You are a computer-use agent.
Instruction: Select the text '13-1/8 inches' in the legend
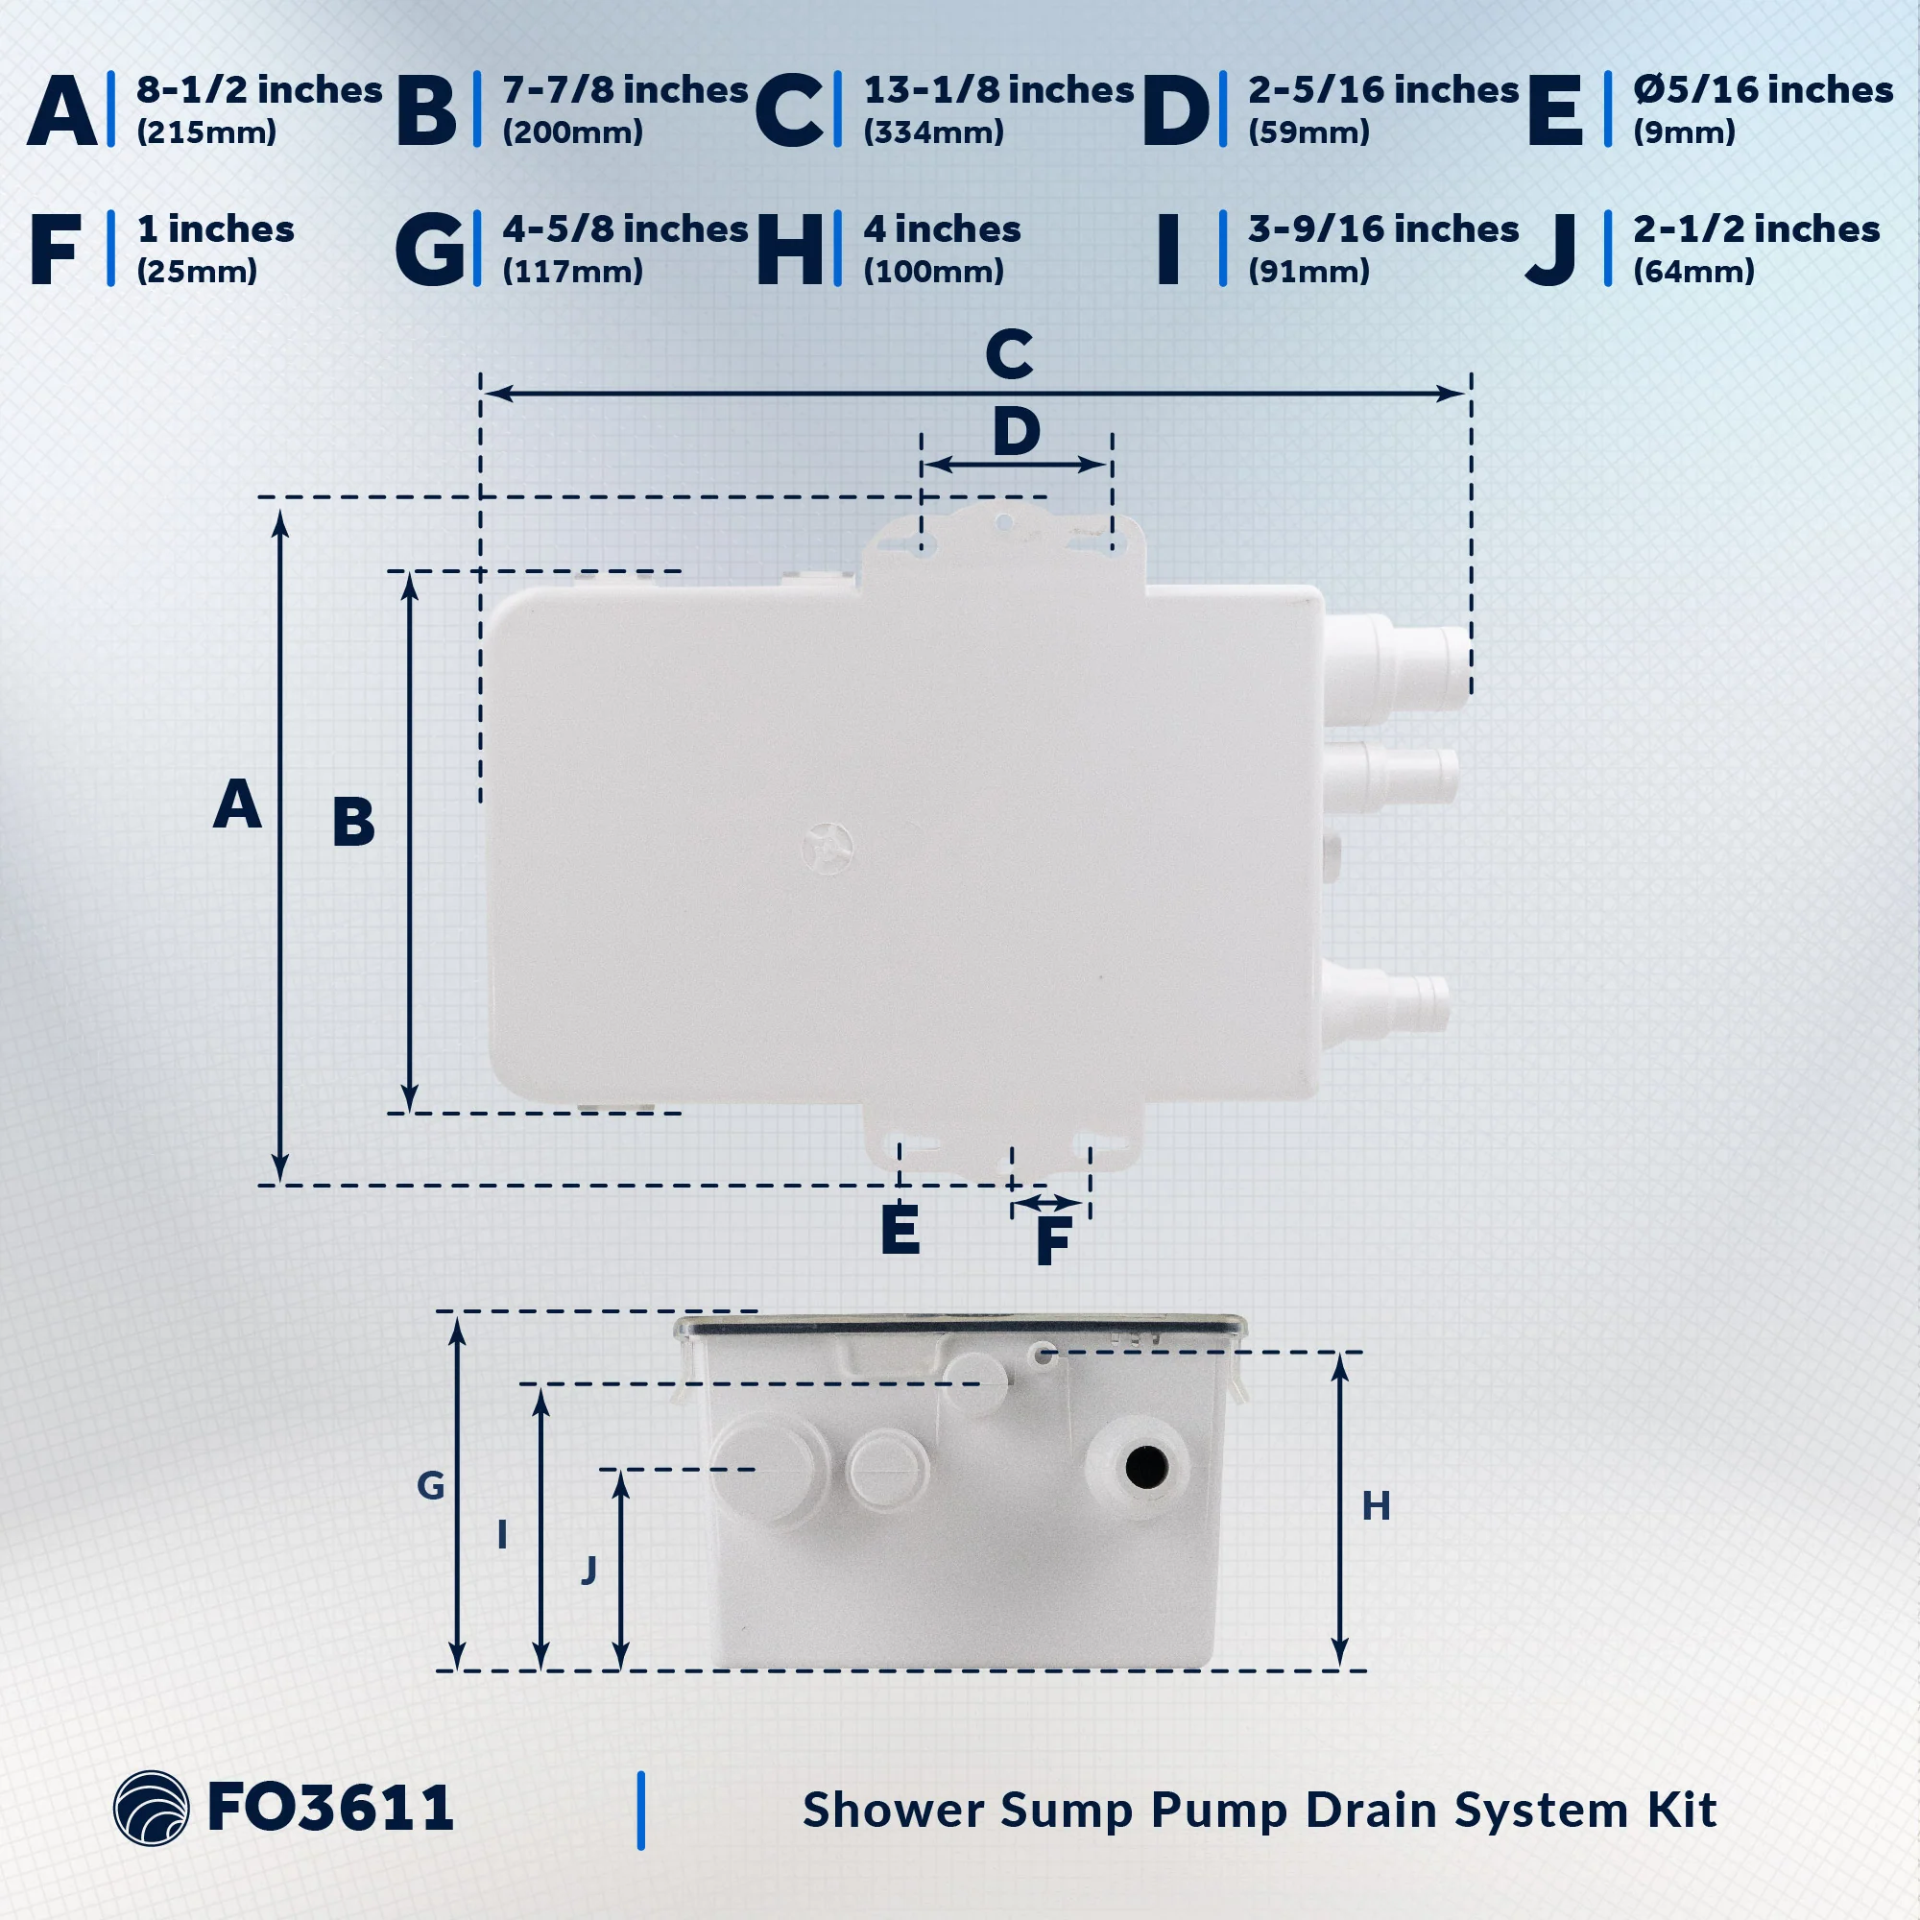[998, 90]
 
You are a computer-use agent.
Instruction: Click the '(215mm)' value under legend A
[206, 132]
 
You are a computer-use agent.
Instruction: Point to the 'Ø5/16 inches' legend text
[1763, 90]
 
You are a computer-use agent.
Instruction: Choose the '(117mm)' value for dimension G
[572, 272]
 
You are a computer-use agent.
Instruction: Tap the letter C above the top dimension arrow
[1009, 355]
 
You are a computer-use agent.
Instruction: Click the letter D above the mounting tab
[1017, 432]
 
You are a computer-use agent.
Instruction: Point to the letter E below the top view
[900, 1230]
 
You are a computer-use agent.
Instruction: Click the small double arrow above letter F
[1049, 1205]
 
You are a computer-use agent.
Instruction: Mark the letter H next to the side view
[1376, 1506]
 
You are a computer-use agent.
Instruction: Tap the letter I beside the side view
[503, 1535]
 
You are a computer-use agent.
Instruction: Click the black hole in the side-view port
[1146, 1467]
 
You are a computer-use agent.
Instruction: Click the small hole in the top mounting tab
[1005, 520]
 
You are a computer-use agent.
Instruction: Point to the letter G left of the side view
[430, 1486]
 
